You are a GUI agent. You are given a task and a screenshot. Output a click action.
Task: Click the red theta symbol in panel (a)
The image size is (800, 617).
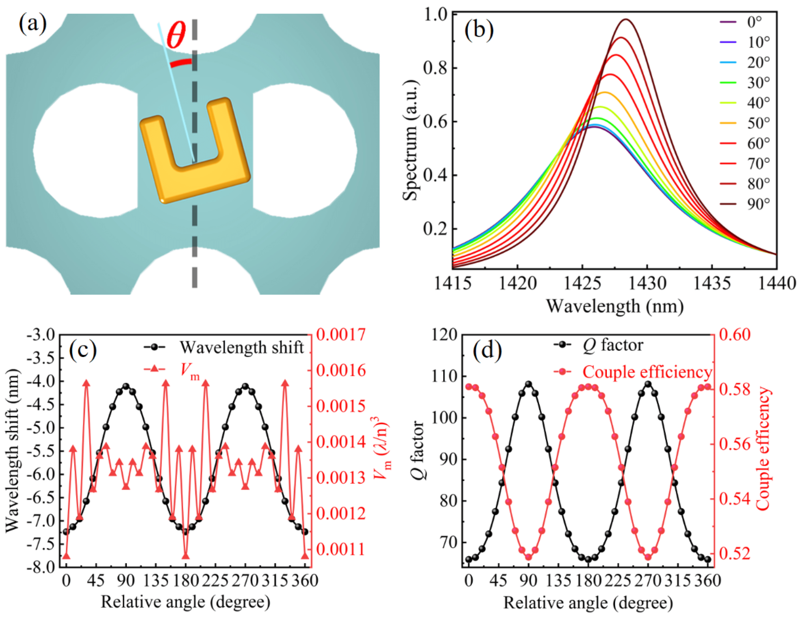point(176,35)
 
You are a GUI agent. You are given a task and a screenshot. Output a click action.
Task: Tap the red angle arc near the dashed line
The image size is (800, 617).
point(180,63)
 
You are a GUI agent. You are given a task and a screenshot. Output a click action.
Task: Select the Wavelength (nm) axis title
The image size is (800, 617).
point(615,306)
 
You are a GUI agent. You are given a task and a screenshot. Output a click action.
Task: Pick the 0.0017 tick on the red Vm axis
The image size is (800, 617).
point(341,335)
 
